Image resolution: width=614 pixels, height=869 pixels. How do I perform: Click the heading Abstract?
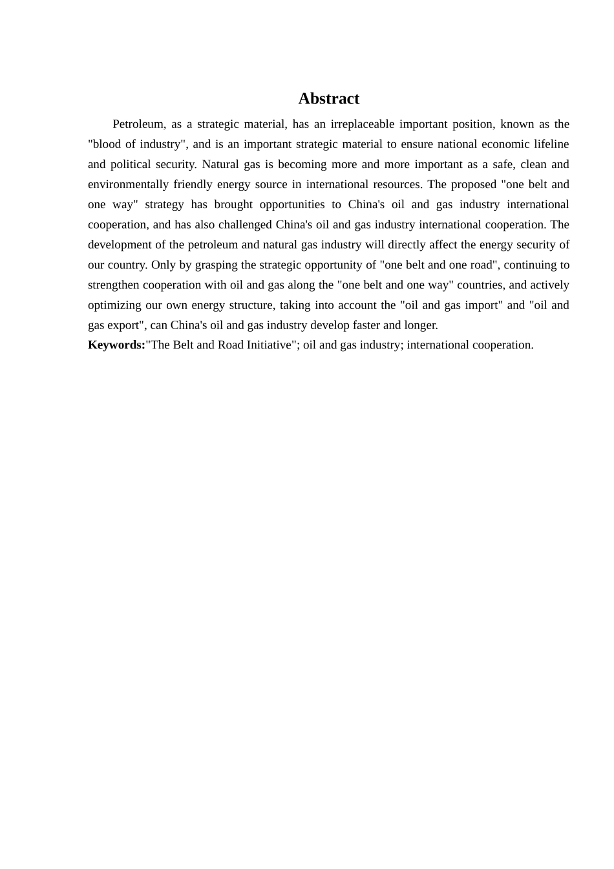328,99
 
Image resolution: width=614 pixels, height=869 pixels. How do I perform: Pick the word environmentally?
128,184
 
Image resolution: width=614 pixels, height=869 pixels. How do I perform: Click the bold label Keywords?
116,345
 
